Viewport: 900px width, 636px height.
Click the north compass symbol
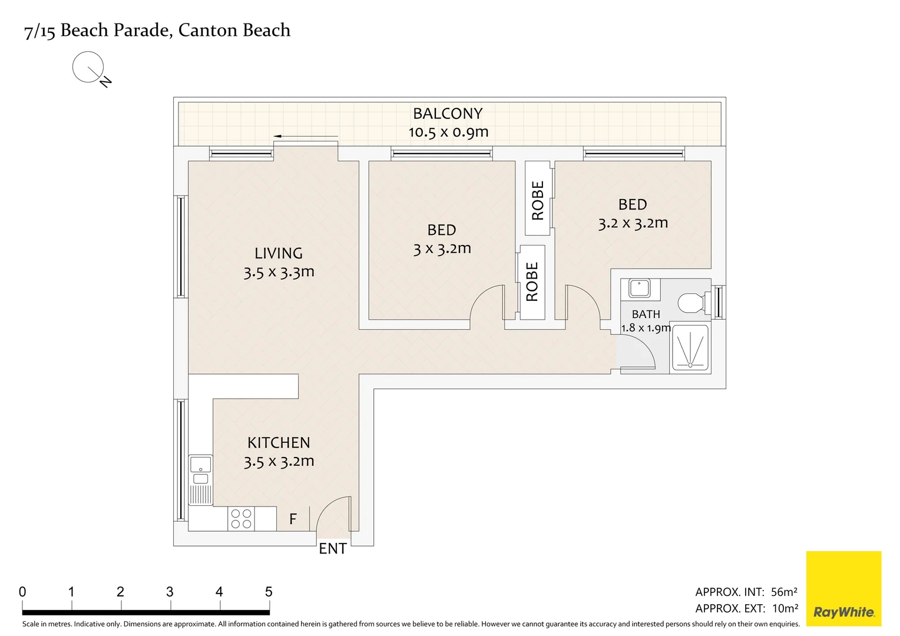(88, 67)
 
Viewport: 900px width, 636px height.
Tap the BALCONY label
(448, 113)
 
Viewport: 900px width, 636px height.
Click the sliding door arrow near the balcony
(305, 136)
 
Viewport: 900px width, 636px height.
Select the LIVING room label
(279, 253)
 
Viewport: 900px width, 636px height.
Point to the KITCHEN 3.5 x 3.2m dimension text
(279, 461)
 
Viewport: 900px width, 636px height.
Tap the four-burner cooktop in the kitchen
(241, 519)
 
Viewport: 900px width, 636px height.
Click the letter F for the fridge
(293, 519)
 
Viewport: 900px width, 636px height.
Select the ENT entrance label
(332, 549)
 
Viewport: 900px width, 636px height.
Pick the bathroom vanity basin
(640, 289)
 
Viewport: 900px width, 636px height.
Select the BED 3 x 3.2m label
(442, 239)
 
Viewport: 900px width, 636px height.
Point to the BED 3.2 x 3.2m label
(633, 214)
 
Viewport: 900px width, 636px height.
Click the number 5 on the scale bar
(269, 592)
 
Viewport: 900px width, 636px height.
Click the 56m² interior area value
(784, 592)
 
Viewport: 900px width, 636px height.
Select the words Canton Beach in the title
(234, 30)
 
